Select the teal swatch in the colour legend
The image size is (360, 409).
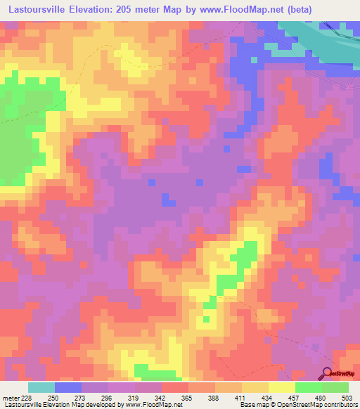coord(41,387)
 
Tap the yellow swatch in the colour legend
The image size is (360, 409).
coord(282,387)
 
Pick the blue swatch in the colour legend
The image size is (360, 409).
coord(68,387)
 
